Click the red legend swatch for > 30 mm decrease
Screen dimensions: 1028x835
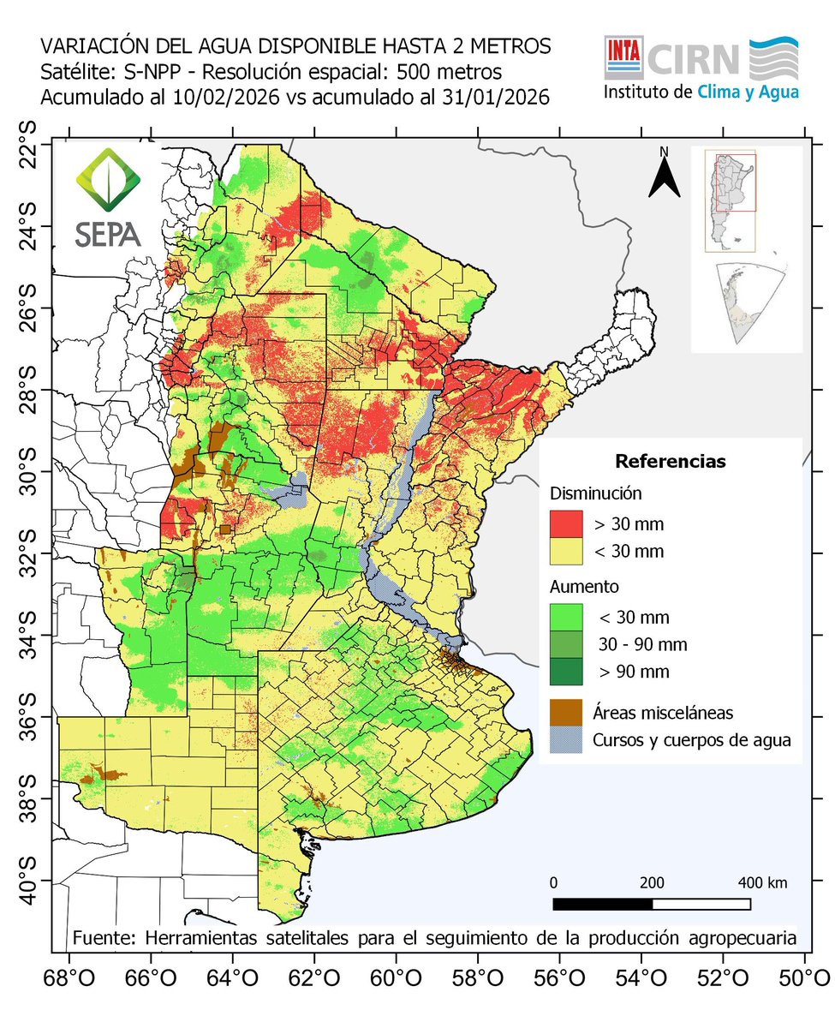click(565, 523)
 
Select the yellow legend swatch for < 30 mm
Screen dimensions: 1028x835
click(565, 550)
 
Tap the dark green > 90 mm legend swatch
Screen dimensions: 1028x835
click(565, 671)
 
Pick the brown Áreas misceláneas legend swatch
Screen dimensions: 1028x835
click(565, 711)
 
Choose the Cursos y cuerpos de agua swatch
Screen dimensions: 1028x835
click(565, 739)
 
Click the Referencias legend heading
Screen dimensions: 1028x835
click(671, 462)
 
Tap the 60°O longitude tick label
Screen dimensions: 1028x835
click(396, 977)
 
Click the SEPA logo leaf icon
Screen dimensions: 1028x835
click(108, 182)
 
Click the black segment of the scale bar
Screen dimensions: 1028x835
click(602, 904)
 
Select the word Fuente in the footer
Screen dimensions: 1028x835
click(101, 937)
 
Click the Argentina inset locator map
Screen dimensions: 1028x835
click(729, 202)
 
